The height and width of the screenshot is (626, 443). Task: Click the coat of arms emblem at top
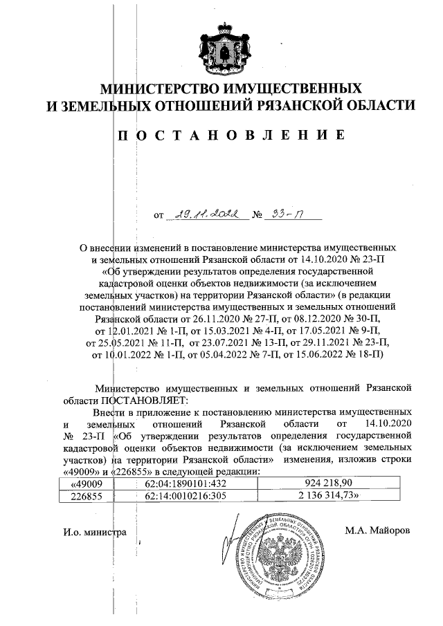222,49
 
